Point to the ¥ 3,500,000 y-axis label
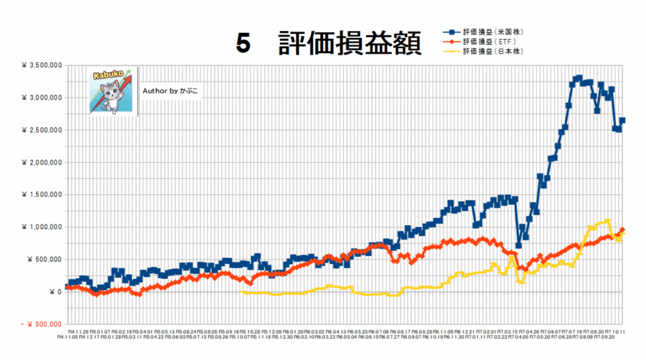click(x=40, y=65)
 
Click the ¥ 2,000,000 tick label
click(x=40, y=162)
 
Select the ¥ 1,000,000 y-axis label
click(x=40, y=227)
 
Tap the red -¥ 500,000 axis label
click(x=36, y=324)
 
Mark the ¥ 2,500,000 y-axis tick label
click(x=40, y=130)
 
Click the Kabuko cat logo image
click(x=113, y=91)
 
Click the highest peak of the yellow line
click(x=608, y=221)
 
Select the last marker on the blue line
click(x=623, y=120)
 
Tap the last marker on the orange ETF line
click(x=623, y=230)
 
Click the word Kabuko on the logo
click(x=105, y=76)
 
